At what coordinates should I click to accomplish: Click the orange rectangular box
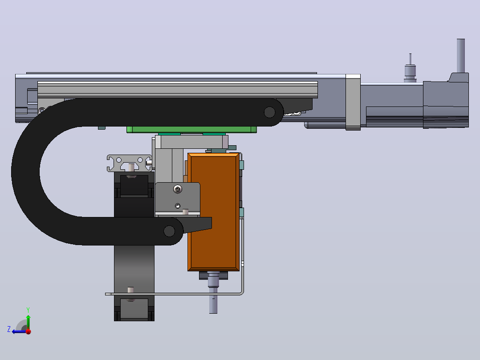tap(213, 212)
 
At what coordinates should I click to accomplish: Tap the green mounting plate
tap(191, 130)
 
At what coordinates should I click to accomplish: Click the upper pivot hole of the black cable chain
tap(269, 112)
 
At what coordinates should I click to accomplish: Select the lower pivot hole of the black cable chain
tap(169, 231)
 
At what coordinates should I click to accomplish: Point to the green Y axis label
tap(28, 310)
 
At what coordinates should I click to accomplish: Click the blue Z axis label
tap(9, 329)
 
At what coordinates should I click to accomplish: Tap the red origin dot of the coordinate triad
tap(28, 331)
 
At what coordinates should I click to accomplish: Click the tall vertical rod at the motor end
tap(461, 56)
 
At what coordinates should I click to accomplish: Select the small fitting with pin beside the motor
tap(410, 68)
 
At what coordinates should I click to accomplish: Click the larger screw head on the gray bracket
tap(178, 189)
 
